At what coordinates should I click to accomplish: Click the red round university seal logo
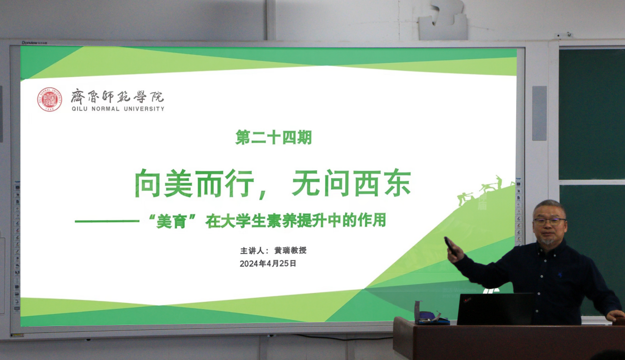click(x=50, y=99)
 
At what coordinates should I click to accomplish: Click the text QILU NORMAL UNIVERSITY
click(x=118, y=109)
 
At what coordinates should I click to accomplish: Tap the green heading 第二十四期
click(x=273, y=137)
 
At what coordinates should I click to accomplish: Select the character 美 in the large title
click(x=178, y=184)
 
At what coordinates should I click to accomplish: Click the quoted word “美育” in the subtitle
click(x=171, y=221)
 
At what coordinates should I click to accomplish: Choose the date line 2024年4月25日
click(x=267, y=263)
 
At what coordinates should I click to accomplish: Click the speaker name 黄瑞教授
click(x=291, y=250)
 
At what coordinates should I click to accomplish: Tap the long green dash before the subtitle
click(x=107, y=221)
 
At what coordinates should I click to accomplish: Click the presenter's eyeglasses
click(x=549, y=222)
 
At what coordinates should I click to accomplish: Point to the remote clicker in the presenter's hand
click(x=450, y=246)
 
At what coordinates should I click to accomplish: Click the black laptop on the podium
click(x=495, y=309)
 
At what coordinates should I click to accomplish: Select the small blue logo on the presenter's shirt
click(x=559, y=275)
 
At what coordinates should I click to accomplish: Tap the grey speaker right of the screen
click(x=539, y=113)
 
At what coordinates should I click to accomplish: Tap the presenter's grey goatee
click(x=547, y=240)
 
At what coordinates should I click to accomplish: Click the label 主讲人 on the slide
click(x=252, y=251)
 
